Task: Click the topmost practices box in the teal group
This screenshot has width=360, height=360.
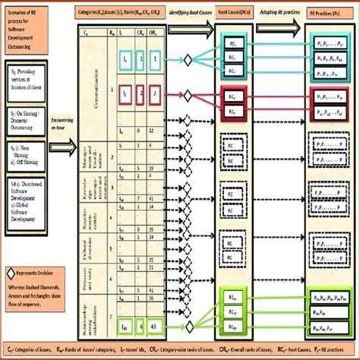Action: [327, 46]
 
